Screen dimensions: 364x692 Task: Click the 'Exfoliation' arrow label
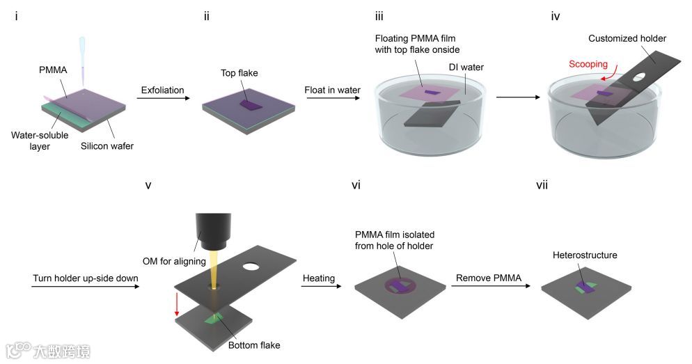[x=163, y=90]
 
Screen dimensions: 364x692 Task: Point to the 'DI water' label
[x=466, y=68]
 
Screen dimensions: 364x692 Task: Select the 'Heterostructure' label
[x=585, y=255]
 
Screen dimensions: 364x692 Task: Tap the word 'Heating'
[x=319, y=278]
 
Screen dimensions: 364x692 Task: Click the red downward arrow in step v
[x=178, y=303]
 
